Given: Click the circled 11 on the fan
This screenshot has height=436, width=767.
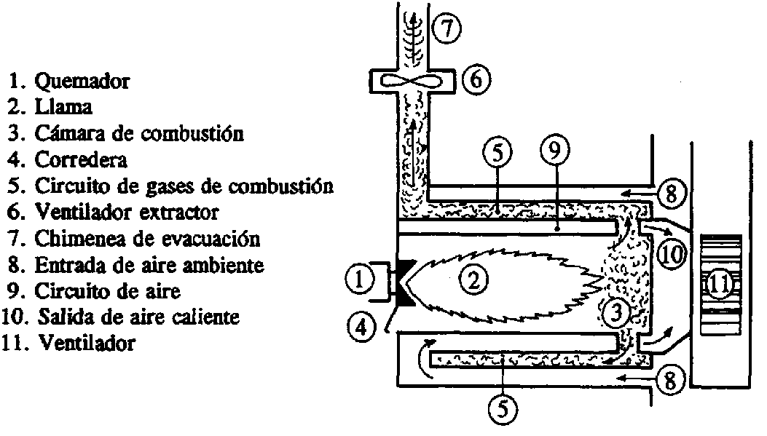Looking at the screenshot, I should (x=719, y=285).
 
